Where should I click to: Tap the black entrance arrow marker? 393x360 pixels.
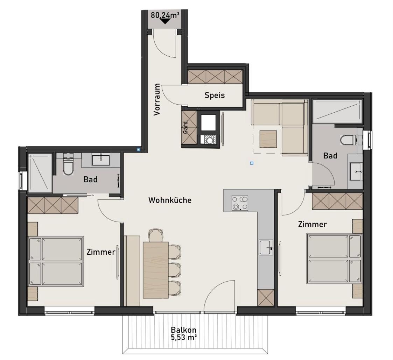[x=165, y=21]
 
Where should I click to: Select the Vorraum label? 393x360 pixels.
[x=157, y=99]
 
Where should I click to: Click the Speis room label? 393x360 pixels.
[x=215, y=95]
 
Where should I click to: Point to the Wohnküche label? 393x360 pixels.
[x=170, y=200]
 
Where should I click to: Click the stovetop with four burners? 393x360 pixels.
[x=240, y=203]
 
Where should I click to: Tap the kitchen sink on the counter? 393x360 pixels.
[x=266, y=247]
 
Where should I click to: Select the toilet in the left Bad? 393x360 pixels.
[x=68, y=167]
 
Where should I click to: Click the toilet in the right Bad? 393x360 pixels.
[x=348, y=140]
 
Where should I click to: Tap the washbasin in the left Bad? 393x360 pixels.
[x=101, y=160]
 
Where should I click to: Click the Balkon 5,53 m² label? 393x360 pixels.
[x=183, y=333]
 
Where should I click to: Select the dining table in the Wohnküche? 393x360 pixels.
[x=156, y=270]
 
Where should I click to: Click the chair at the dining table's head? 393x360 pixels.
[x=156, y=235]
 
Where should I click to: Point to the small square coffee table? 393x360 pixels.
[x=268, y=139]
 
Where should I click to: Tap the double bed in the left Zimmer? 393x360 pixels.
[x=56, y=261]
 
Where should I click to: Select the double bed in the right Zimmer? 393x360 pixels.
[x=334, y=259]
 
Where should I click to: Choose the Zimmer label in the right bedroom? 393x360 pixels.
[x=312, y=224]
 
